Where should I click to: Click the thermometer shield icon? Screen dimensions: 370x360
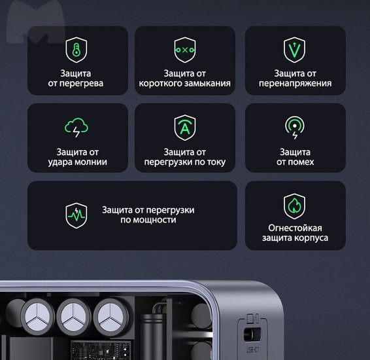tap(76, 50)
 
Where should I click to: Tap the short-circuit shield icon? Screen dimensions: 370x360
tap(185, 50)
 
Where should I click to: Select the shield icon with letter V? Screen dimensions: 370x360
tap(294, 50)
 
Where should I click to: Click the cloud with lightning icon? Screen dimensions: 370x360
tap(76, 128)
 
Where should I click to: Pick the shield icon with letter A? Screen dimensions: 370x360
tap(185, 128)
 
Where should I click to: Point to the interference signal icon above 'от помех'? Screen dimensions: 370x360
tap(294, 128)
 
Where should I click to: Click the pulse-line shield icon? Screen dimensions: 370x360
tap(76, 215)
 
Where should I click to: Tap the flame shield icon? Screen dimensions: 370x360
tap(294, 206)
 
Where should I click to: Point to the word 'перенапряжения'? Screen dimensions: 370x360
tap(295, 84)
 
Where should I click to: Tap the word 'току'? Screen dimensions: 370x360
tap(216, 162)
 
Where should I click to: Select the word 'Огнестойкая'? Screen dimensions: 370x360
tap(295, 228)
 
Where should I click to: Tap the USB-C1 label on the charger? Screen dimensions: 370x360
tap(253, 350)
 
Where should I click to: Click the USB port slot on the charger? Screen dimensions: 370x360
tap(252, 334)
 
